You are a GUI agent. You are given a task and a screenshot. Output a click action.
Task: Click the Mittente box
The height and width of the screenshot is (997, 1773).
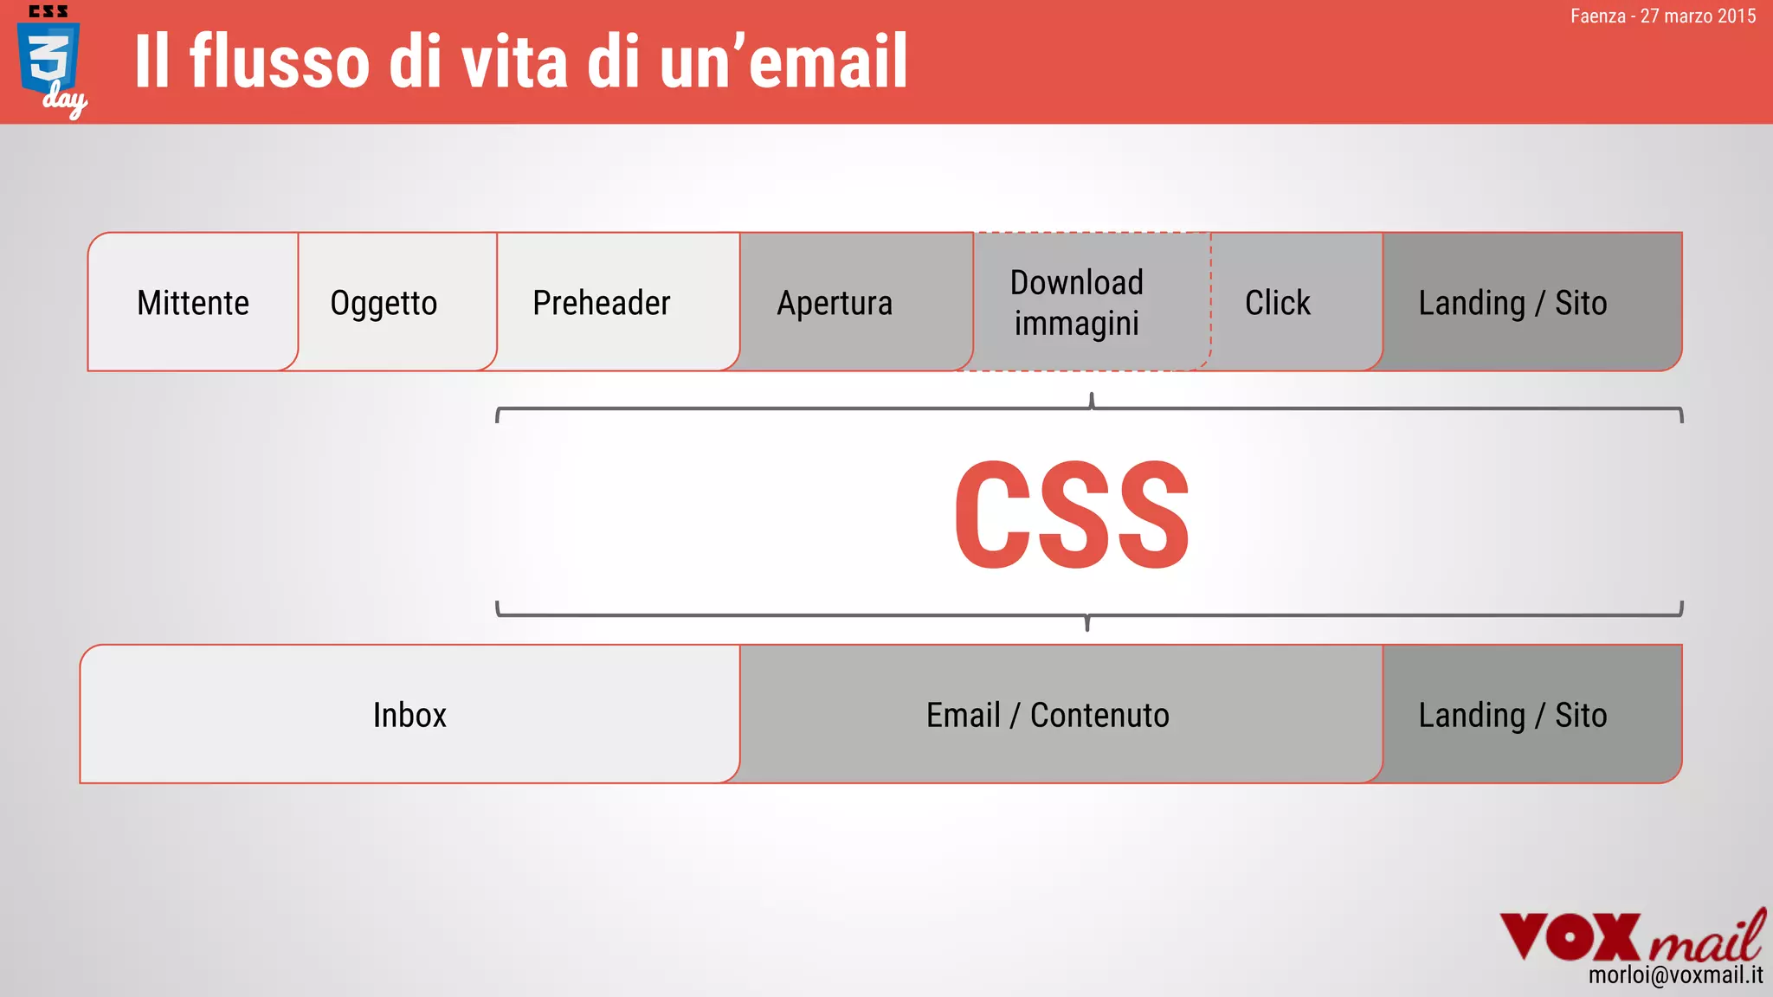coord(193,302)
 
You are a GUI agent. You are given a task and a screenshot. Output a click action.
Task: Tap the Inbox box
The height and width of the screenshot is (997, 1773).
coord(409,715)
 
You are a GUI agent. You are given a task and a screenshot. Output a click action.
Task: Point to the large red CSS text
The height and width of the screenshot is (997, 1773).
coord(1072,515)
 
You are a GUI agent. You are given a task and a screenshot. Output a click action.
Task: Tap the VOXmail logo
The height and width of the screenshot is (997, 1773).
coord(1631,936)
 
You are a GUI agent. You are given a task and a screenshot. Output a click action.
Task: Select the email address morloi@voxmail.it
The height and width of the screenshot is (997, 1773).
coord(1675,976)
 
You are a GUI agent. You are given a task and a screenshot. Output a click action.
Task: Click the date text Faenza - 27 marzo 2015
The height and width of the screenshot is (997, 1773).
coord(1662,16)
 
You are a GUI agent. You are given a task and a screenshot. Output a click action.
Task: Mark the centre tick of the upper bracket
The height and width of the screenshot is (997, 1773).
coord(1092,401)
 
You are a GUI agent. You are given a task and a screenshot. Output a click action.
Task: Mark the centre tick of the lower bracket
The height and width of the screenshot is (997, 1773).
coord(1087,623)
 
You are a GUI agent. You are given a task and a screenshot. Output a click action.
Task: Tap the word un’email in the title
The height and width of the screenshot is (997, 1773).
coord(783,62)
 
